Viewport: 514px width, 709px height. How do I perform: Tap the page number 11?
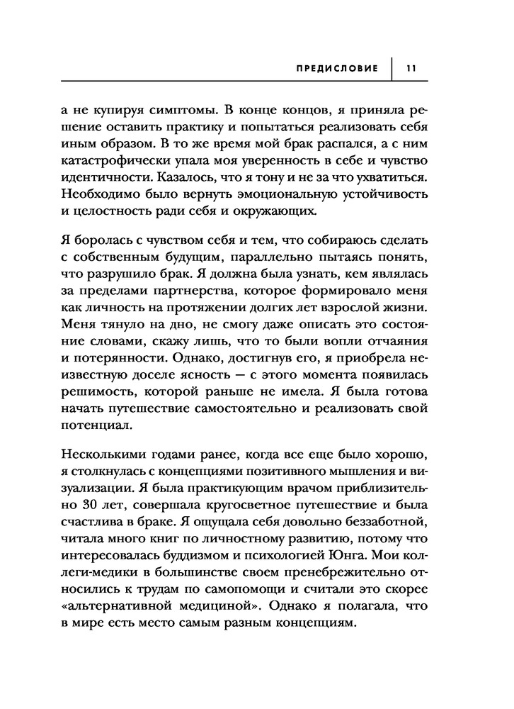410,69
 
